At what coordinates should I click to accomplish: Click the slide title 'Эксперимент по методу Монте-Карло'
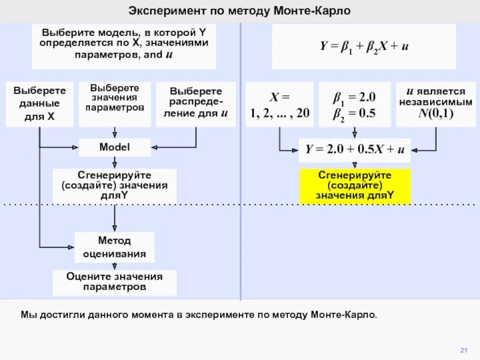[x=239, y=11]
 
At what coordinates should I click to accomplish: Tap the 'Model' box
[x=115, y=147]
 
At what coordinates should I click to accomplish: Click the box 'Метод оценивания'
[x=115, y=247]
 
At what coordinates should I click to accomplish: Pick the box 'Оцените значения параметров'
[x=115, y=282]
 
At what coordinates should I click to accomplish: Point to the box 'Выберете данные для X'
[x=40, y=104]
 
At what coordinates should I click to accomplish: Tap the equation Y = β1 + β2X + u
[x=355, y=46]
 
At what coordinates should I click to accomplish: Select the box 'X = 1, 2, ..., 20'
[x=280, y=104]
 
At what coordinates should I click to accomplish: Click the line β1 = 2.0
[x=355, y=97]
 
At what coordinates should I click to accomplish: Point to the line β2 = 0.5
[x=355, y=113]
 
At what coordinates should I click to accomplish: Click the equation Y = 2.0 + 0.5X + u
[x=355, y=150]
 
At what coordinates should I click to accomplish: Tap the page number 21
[x=463, y=350]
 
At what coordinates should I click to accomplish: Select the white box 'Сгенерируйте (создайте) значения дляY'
[x=115, y=187]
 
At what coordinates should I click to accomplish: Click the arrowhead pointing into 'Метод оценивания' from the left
[x=71, y=247]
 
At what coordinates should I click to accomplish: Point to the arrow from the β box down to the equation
[x=355, y=133]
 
